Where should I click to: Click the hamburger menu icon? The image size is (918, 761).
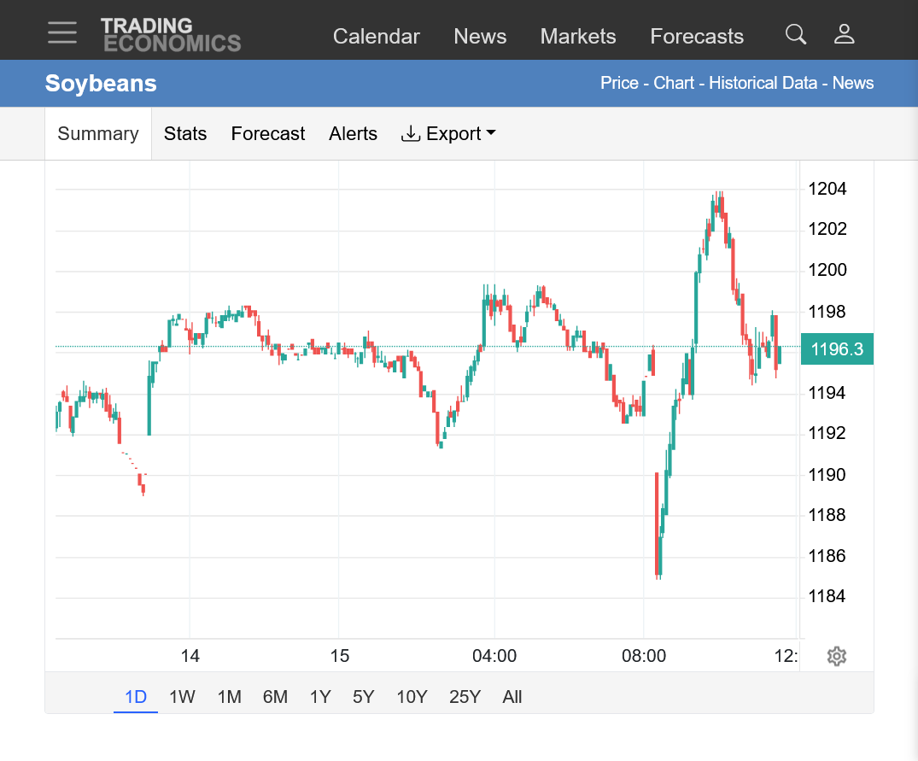pos(62,32)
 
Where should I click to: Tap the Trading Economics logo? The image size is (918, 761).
pos(171,35)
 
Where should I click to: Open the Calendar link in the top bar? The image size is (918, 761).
pos(377,36)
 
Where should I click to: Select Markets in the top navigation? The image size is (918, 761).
pos(578,36)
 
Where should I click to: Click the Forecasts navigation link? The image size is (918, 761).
pos(697,36)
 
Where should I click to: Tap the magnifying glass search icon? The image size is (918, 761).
pos(796,34)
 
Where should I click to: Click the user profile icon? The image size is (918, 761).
pos(845,34)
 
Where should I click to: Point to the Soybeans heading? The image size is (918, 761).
pos(101,83)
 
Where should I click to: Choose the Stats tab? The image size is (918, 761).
pos(185,133)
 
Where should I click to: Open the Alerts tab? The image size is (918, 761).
pos(353,133)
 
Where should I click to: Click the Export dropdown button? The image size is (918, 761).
pos(448,133)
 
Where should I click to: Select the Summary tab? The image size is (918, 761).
pos(98,133)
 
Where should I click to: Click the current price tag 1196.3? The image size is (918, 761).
pos(837,348)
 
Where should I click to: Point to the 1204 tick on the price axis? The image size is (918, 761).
pos(827,189)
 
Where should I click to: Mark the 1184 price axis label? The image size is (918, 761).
pos(827,596)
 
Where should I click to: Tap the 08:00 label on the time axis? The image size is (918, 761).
pos(643,656)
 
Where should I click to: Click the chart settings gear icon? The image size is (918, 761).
pos(837,656)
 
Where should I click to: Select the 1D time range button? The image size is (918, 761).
pos(136,697)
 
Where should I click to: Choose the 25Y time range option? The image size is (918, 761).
pos(465,697)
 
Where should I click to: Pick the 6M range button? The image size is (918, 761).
pos(275,697)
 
